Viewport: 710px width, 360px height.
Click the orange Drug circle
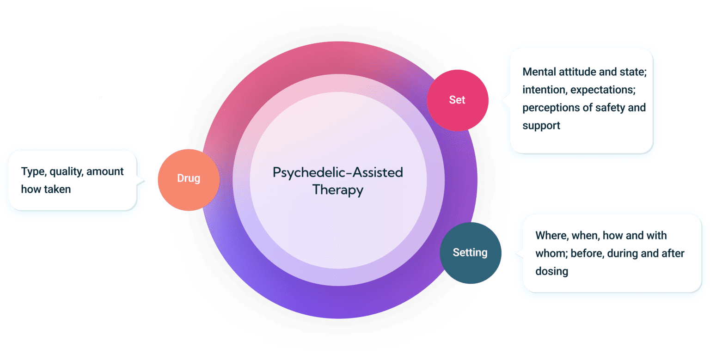[x=188, y=180]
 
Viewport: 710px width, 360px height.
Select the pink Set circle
[x=457, y=100]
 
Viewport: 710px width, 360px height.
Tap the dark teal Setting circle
[x=470, y=253]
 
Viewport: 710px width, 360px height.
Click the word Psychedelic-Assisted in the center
[x=337, y=173]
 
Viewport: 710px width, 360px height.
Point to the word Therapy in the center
[x=337, y=190]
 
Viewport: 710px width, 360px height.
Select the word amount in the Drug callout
[x=105, y=171]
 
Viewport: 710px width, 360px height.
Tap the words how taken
[x=46, y=189]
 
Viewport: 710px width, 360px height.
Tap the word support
[x=541, y=126]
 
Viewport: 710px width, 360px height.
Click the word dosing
[x=551, y=271]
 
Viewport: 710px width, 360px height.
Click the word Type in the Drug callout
[x=32, y=171]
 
